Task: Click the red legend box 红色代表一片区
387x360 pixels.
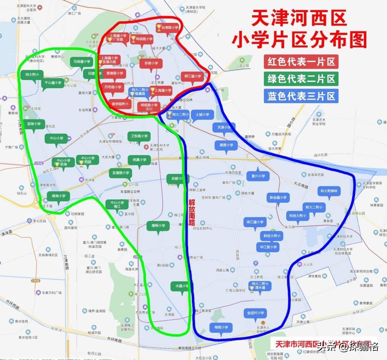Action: (x=301, y=62)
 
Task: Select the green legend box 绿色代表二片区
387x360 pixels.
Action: (x=301, y=79)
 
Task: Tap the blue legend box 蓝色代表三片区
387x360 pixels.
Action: (x=301, y=96)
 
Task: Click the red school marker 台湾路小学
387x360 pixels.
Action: (x=167, y=28)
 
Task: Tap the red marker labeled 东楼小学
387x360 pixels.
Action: (x=151, y=63)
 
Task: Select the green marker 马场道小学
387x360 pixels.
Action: (x=82, y=62)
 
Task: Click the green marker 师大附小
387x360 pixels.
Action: (x=32, y=75)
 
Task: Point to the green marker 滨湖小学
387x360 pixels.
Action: (x=34, y=124)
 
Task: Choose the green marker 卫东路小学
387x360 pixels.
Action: (x=139, y=136)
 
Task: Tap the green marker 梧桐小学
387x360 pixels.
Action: (x=158, y=226)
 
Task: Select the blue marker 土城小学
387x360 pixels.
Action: (x=202, y=115)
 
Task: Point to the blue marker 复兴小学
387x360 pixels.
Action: (x=258, y=176)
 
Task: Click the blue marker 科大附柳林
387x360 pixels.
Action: (x=329, y=191)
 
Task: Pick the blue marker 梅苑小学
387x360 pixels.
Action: (x=221, y=327)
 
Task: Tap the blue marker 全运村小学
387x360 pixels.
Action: (x=255, y=313)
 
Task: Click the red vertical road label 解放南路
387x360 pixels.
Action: (x=192, y=212)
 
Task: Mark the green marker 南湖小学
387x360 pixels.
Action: (x=58, y=196)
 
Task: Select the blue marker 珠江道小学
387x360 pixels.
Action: (x=255, y=222)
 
